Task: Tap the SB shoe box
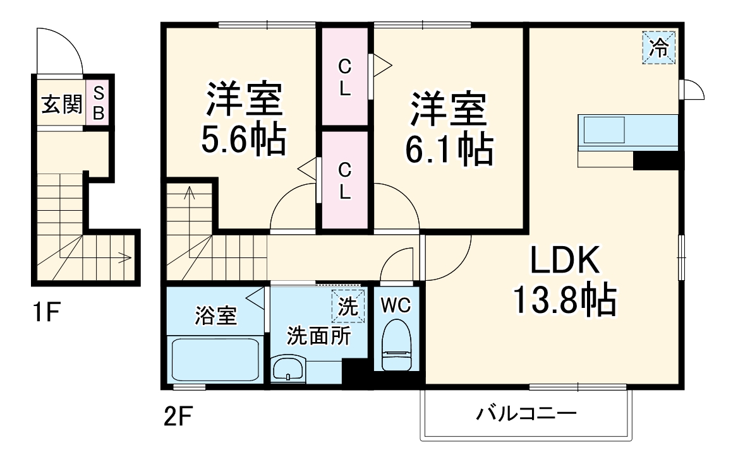pyautogui.click(x=98, y=103)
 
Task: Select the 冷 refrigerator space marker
pyautogui.click(x=659, y=47)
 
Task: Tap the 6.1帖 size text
pyautogui.click(x=449, y=150)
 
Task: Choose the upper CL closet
pyautogui.click(x=344, y=76)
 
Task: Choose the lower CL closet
pyautogui.click(x=344, y=180)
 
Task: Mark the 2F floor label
pyautogui.click(x=176, y=416)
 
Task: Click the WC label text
pyautogui.click(x=397, y=305)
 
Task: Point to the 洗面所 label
pyautogui.click(x=319, y=336)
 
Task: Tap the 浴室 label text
pyautogui.click(x=215, y=316)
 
